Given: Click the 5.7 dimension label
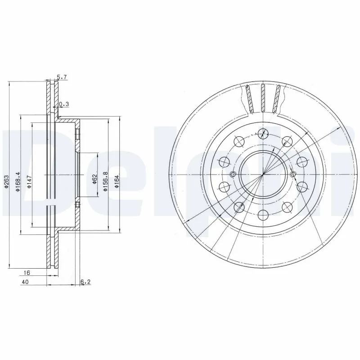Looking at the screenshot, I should (62, 77).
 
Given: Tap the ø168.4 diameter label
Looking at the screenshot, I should (18, 182).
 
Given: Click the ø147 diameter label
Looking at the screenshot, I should (29, 182).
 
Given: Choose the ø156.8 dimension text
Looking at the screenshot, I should (106, 182).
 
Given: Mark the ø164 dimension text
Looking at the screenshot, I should (116, 182).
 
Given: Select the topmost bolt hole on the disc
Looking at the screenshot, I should (263, 133).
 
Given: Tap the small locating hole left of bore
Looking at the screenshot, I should (233, 175).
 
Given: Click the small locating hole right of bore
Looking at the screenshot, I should (293, 175).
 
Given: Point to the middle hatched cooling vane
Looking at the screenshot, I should (263, 98).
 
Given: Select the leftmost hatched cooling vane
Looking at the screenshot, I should (249, 99).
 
